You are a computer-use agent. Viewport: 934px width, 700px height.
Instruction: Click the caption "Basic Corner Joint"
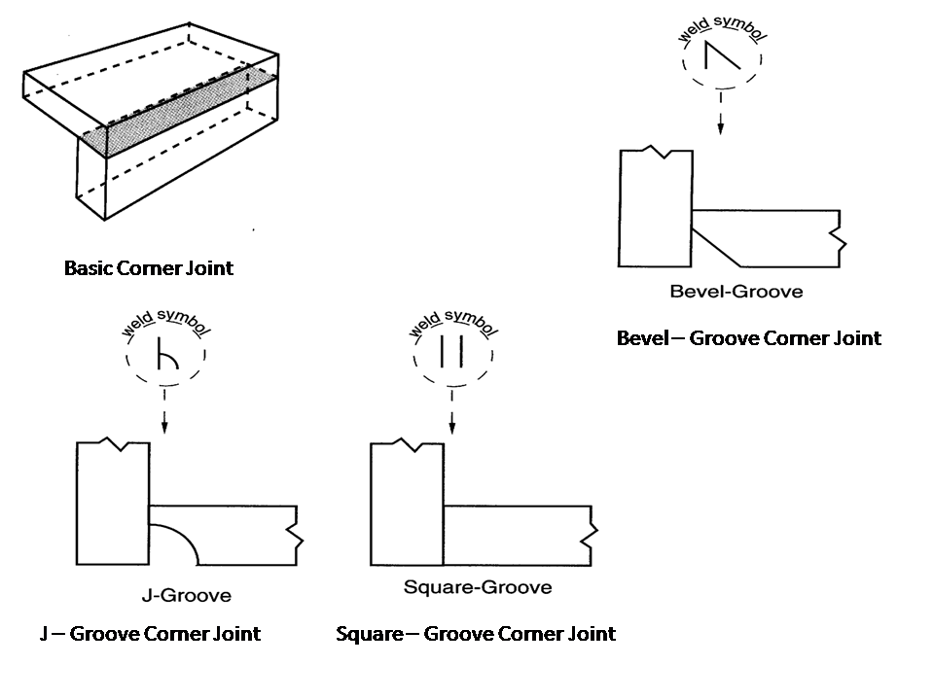(x=148, y=268)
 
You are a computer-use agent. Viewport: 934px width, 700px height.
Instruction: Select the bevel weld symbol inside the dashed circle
(x=721, y=55)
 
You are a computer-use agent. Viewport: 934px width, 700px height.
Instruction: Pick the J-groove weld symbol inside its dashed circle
(x=167, y=354)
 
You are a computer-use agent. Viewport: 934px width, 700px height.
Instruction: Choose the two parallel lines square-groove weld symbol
(x=451, y=351)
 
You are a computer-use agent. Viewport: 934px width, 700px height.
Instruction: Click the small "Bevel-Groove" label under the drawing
(x=736, y=291)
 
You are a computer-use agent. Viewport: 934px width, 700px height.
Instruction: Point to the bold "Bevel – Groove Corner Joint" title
(x=749, y=338)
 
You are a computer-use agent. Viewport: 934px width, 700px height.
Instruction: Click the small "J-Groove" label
(x=187, y=595)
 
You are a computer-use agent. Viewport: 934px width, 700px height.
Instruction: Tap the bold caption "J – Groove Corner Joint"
(x=150, y=633)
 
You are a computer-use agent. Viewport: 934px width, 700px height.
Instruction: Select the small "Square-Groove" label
(x=478, y=587)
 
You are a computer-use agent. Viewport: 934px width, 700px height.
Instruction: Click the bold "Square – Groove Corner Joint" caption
(x=476, y=633)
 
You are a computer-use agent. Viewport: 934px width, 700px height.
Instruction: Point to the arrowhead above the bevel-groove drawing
(x=721, y=128)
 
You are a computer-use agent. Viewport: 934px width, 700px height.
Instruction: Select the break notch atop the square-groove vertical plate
(x=407, y=445)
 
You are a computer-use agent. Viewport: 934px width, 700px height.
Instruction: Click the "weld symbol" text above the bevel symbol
(x=722, y=28)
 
